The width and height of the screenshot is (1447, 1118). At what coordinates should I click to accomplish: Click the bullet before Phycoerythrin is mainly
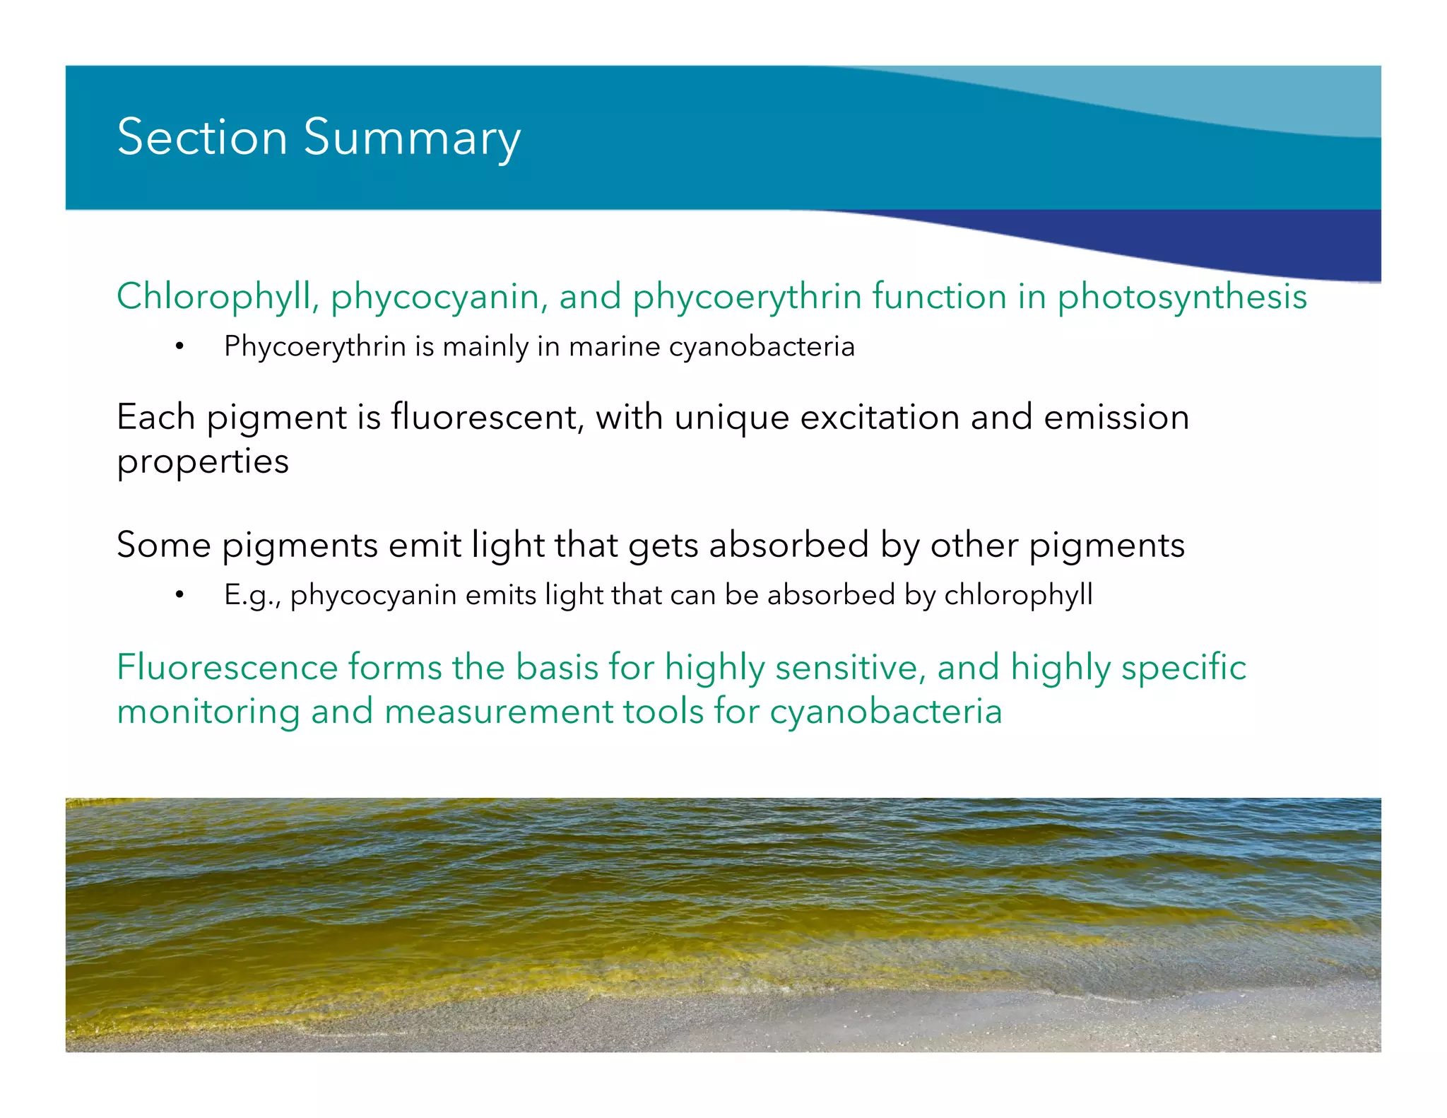click(x=179, y=346)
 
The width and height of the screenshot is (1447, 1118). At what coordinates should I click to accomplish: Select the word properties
click(x=203, y=461)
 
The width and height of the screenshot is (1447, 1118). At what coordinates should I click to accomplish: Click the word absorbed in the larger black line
click(x=789, y=545)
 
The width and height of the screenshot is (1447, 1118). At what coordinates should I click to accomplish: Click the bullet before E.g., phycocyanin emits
click(x=179, y=595)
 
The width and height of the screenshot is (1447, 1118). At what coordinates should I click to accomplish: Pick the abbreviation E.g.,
click(x=252, y=595)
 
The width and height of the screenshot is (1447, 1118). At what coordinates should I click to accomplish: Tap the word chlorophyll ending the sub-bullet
click(x=1018, y=594)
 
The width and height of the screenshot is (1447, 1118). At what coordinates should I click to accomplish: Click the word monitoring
click(x=208, y=711)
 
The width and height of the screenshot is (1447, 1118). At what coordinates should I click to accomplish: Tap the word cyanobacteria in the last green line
click(x=886, y=711)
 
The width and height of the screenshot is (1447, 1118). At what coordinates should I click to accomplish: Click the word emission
click(x=1116, y=417)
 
